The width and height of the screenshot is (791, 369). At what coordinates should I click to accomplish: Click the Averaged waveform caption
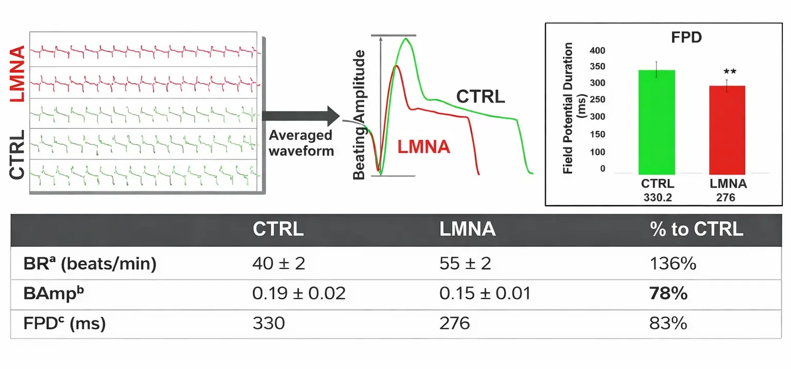click(x=301, y=143)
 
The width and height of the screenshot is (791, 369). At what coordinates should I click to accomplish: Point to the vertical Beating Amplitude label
click(x=359, y=114)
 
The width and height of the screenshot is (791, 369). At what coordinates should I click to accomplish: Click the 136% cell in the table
click(x=673, y=264)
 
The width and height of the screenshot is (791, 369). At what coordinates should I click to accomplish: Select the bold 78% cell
click(x=669, y=294)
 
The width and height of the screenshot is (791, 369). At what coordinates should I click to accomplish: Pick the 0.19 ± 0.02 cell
click(x=299, y=294)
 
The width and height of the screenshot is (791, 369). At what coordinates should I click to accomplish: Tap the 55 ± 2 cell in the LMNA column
click(x=465, y=264)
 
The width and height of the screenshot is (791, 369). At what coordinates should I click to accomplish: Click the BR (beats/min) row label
click(x=90, y=264)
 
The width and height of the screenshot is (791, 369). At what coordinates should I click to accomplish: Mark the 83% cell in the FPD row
click(x=669, y=324)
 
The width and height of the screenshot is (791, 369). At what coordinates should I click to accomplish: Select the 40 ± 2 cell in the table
click(x=279, y=264)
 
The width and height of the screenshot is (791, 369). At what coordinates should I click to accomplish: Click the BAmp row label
click(x=50, y=294)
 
